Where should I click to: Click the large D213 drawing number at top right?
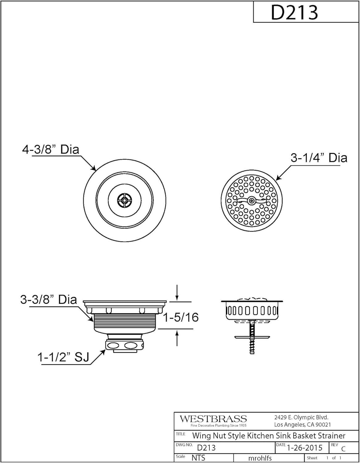pos(294,12)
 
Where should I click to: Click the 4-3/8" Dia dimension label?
pos(51,150)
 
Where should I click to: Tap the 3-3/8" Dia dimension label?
pos(48,299)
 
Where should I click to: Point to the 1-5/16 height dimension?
pos(181,317)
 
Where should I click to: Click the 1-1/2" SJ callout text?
pos(63,357)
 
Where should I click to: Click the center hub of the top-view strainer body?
pos(124,200)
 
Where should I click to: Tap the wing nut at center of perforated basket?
pos(251,201)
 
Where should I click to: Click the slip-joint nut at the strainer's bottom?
pos(125,345)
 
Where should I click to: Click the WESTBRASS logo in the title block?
pos(213,419)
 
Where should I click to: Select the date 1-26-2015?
pos(304,448)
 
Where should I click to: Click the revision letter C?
pos(343,449)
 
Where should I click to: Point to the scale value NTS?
pos(198,458)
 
